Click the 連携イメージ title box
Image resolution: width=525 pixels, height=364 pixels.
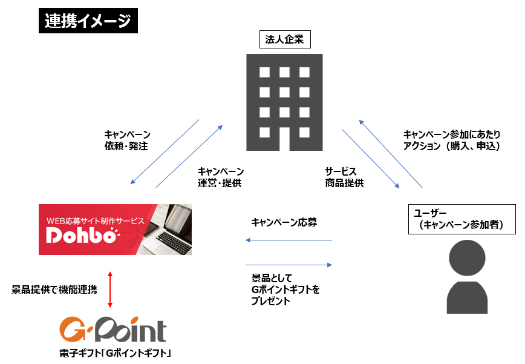88,21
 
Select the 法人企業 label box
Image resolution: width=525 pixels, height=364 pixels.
284,41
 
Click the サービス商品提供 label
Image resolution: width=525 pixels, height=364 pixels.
344,177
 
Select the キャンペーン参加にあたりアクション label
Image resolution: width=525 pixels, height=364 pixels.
451,140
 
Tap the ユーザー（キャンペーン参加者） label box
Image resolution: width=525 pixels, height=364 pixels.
462,219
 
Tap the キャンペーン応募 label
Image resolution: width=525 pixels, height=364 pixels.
284,222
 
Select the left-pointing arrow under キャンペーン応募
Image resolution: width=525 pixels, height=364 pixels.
289,240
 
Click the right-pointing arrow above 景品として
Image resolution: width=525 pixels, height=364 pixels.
289,265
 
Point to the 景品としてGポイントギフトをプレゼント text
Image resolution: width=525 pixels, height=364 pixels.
285,290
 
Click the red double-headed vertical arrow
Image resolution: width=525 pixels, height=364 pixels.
110,289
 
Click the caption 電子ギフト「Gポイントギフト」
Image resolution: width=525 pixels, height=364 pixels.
112,352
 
